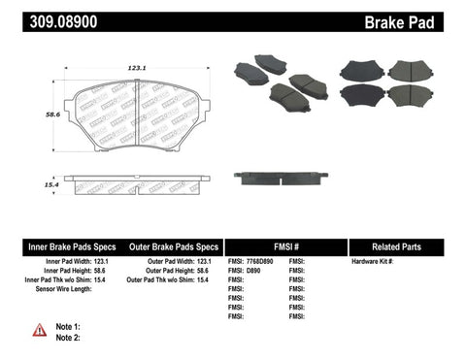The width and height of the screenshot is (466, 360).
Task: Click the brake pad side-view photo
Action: coord(280,178)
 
